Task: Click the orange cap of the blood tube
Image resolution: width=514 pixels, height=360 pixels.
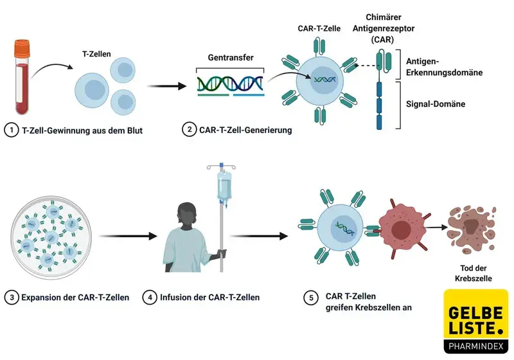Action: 22,47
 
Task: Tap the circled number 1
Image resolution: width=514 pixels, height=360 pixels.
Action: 10,130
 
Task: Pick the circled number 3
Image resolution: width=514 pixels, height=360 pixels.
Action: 10,298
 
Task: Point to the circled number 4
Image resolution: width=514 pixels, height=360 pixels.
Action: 149,298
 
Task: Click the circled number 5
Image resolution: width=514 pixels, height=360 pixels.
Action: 312,298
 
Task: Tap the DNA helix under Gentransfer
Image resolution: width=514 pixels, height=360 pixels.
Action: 231,83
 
